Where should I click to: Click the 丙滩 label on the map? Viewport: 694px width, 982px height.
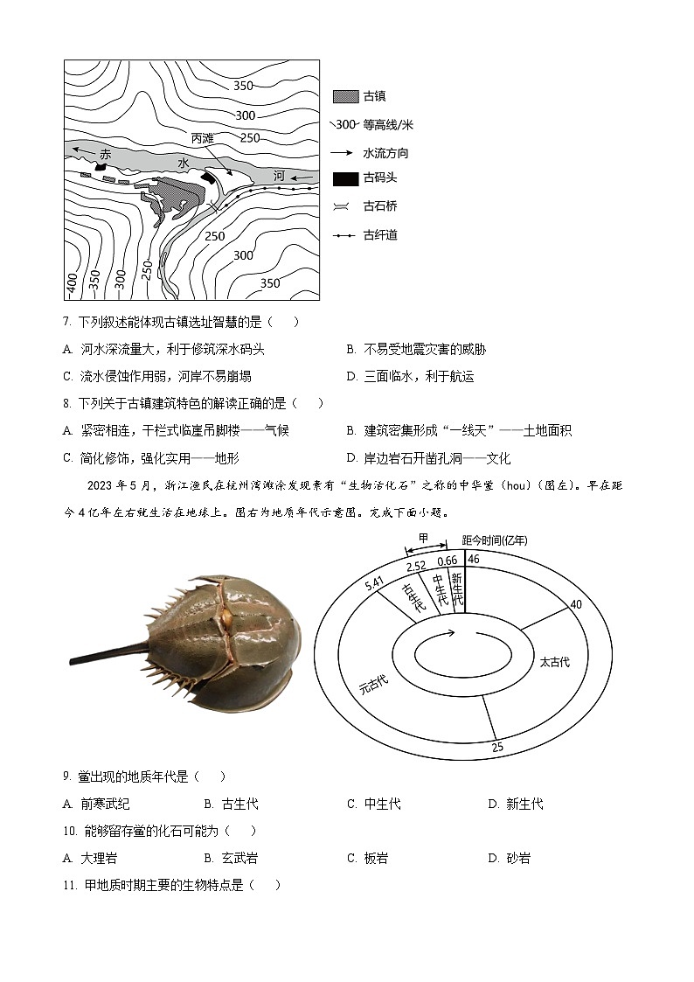point(202,139)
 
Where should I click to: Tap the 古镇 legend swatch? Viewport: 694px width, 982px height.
point(345,97)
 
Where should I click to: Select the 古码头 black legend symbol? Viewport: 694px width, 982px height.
point(345,178)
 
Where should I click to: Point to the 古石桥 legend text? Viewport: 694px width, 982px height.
point(380,206)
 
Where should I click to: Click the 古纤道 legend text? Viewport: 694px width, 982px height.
point(380,234)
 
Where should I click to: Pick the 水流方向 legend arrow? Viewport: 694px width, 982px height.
point(344,152)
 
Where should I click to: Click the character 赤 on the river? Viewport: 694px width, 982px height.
point(106,154)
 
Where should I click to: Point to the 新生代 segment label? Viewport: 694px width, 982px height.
point(455,589)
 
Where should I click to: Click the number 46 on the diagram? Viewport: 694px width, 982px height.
point(473,559)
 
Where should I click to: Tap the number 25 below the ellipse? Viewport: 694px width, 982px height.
point(496,748)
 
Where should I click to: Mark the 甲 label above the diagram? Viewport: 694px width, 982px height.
point(423,537)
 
